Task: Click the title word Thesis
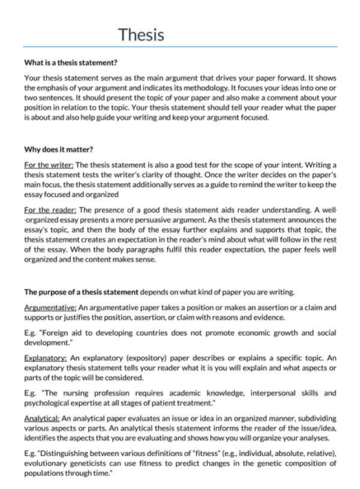point(141,35)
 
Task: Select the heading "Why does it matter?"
point(58,151)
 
